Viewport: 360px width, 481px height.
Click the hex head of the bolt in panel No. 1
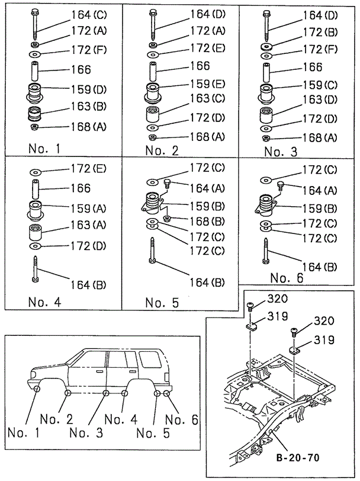(x=35, y=11)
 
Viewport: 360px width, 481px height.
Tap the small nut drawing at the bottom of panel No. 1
(x=34, y=127)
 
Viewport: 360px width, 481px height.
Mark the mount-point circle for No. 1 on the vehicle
(x=37, y=389)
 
